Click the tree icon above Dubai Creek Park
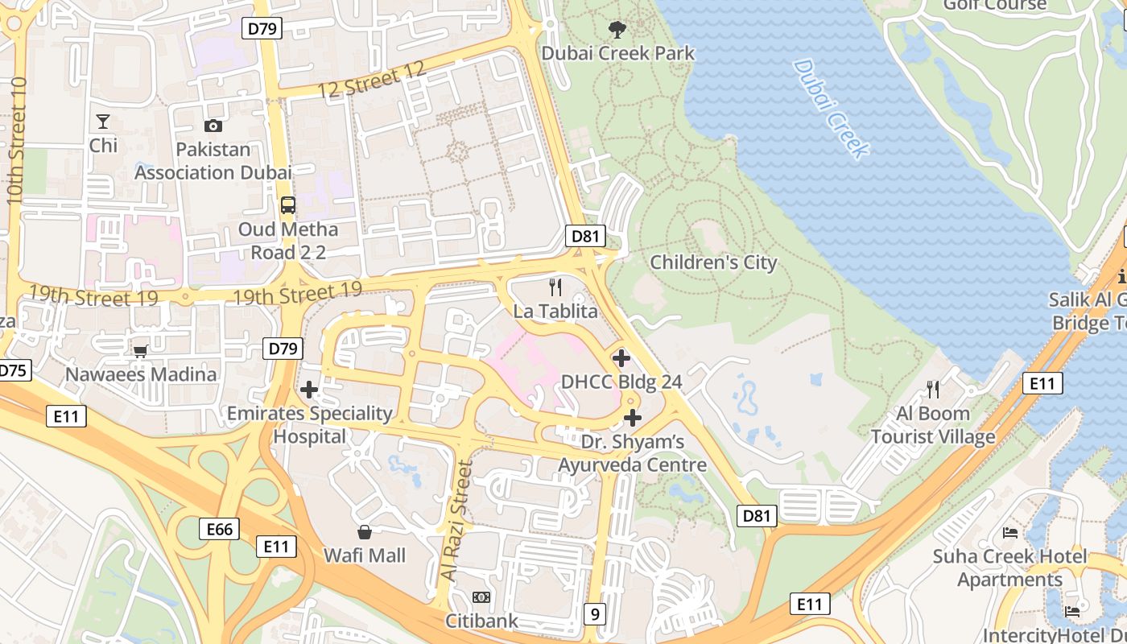click(617, 31)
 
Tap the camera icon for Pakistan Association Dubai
click(213, 126)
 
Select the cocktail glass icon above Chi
click(103, 122)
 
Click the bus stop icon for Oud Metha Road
click(288, 205)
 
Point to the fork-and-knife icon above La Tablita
click(555, 287)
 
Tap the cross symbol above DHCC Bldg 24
click(621, 357)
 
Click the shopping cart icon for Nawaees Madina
click(141, 351)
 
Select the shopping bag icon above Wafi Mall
click(365, 532)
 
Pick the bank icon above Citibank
click(481, 597)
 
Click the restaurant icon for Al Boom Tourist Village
click(933, 390)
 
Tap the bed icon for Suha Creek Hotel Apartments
click(1009, 533)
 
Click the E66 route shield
click(219, 529)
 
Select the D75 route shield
click(12, 370)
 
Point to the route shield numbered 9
click(595, 614)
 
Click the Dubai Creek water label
click(831, 109)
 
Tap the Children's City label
click(713, 262)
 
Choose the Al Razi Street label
click(455, 521)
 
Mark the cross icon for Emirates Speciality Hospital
click(309, 390)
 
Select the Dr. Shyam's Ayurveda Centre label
click(633, 453)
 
